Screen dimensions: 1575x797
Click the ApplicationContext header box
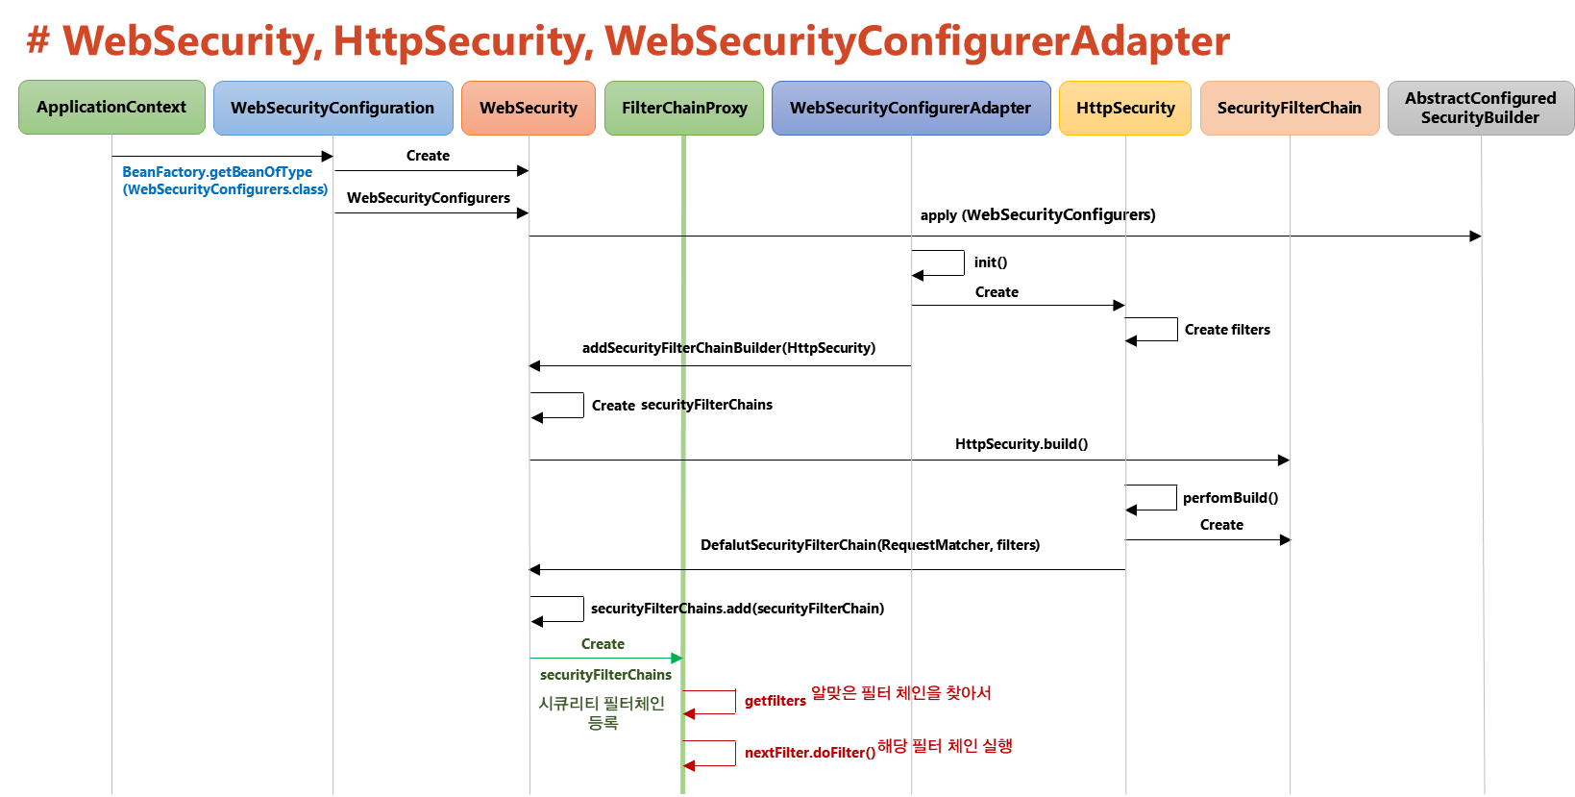111,107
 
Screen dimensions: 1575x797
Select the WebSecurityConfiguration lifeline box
332,108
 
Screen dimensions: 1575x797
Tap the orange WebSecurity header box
529,108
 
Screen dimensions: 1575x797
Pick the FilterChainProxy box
684,108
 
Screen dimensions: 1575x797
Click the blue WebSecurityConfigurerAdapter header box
910,108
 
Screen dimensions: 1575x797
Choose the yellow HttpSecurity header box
1125,108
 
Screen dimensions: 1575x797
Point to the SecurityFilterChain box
1290,108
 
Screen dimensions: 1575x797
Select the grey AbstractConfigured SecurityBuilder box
1480,108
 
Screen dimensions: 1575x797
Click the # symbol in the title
37,41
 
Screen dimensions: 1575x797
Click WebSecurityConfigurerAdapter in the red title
917,41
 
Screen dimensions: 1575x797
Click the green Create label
603,643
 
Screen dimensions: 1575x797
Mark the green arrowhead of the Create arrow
677,658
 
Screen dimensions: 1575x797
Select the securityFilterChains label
605,675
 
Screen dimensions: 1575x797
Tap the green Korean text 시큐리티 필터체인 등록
602,712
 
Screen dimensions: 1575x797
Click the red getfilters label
775,701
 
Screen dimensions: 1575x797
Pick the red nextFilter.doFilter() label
809,753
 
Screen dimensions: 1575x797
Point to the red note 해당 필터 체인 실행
945,745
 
